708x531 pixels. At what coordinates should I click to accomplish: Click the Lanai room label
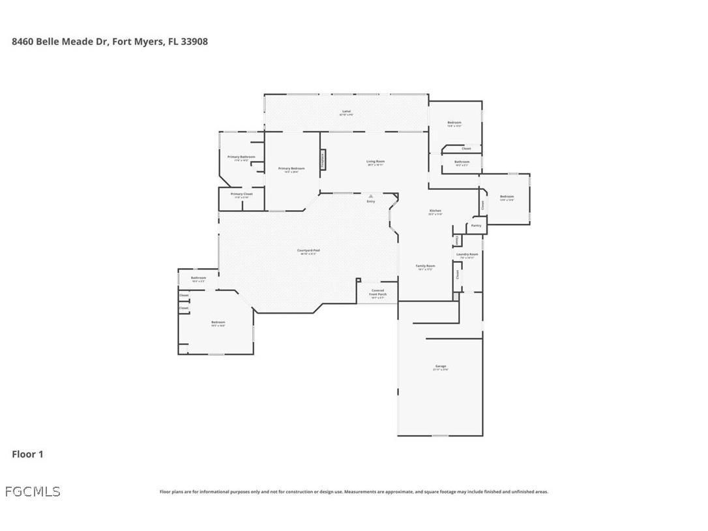(x=346, y=112)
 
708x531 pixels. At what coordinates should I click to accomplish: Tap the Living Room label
(x=376, y=162)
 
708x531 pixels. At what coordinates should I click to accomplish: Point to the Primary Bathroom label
(x=241, y=157)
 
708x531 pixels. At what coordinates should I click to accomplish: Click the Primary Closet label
(x=241, y=194)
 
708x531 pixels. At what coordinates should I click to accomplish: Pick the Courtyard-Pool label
(x=308, y=251)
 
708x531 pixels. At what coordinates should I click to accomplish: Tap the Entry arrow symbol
(x=371, y=196)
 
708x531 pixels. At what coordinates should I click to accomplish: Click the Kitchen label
(x=435, y=211)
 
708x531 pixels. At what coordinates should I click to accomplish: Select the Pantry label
(x=476, y=226)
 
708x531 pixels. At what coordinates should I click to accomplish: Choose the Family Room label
(x=426, y=266)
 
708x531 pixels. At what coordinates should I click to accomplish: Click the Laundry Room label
(x=467, y=254)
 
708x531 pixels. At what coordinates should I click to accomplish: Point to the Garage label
(x=441, y=367)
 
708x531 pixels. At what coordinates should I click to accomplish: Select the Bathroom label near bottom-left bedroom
(x=198, y=279)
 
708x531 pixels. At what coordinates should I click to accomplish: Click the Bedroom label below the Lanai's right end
(x=454, y=123)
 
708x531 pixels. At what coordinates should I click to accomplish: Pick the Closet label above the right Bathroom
(x=466, y=149)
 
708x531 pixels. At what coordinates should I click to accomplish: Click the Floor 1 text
(x=27, y=454)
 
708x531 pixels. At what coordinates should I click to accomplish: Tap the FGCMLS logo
(x=33, y=491)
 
